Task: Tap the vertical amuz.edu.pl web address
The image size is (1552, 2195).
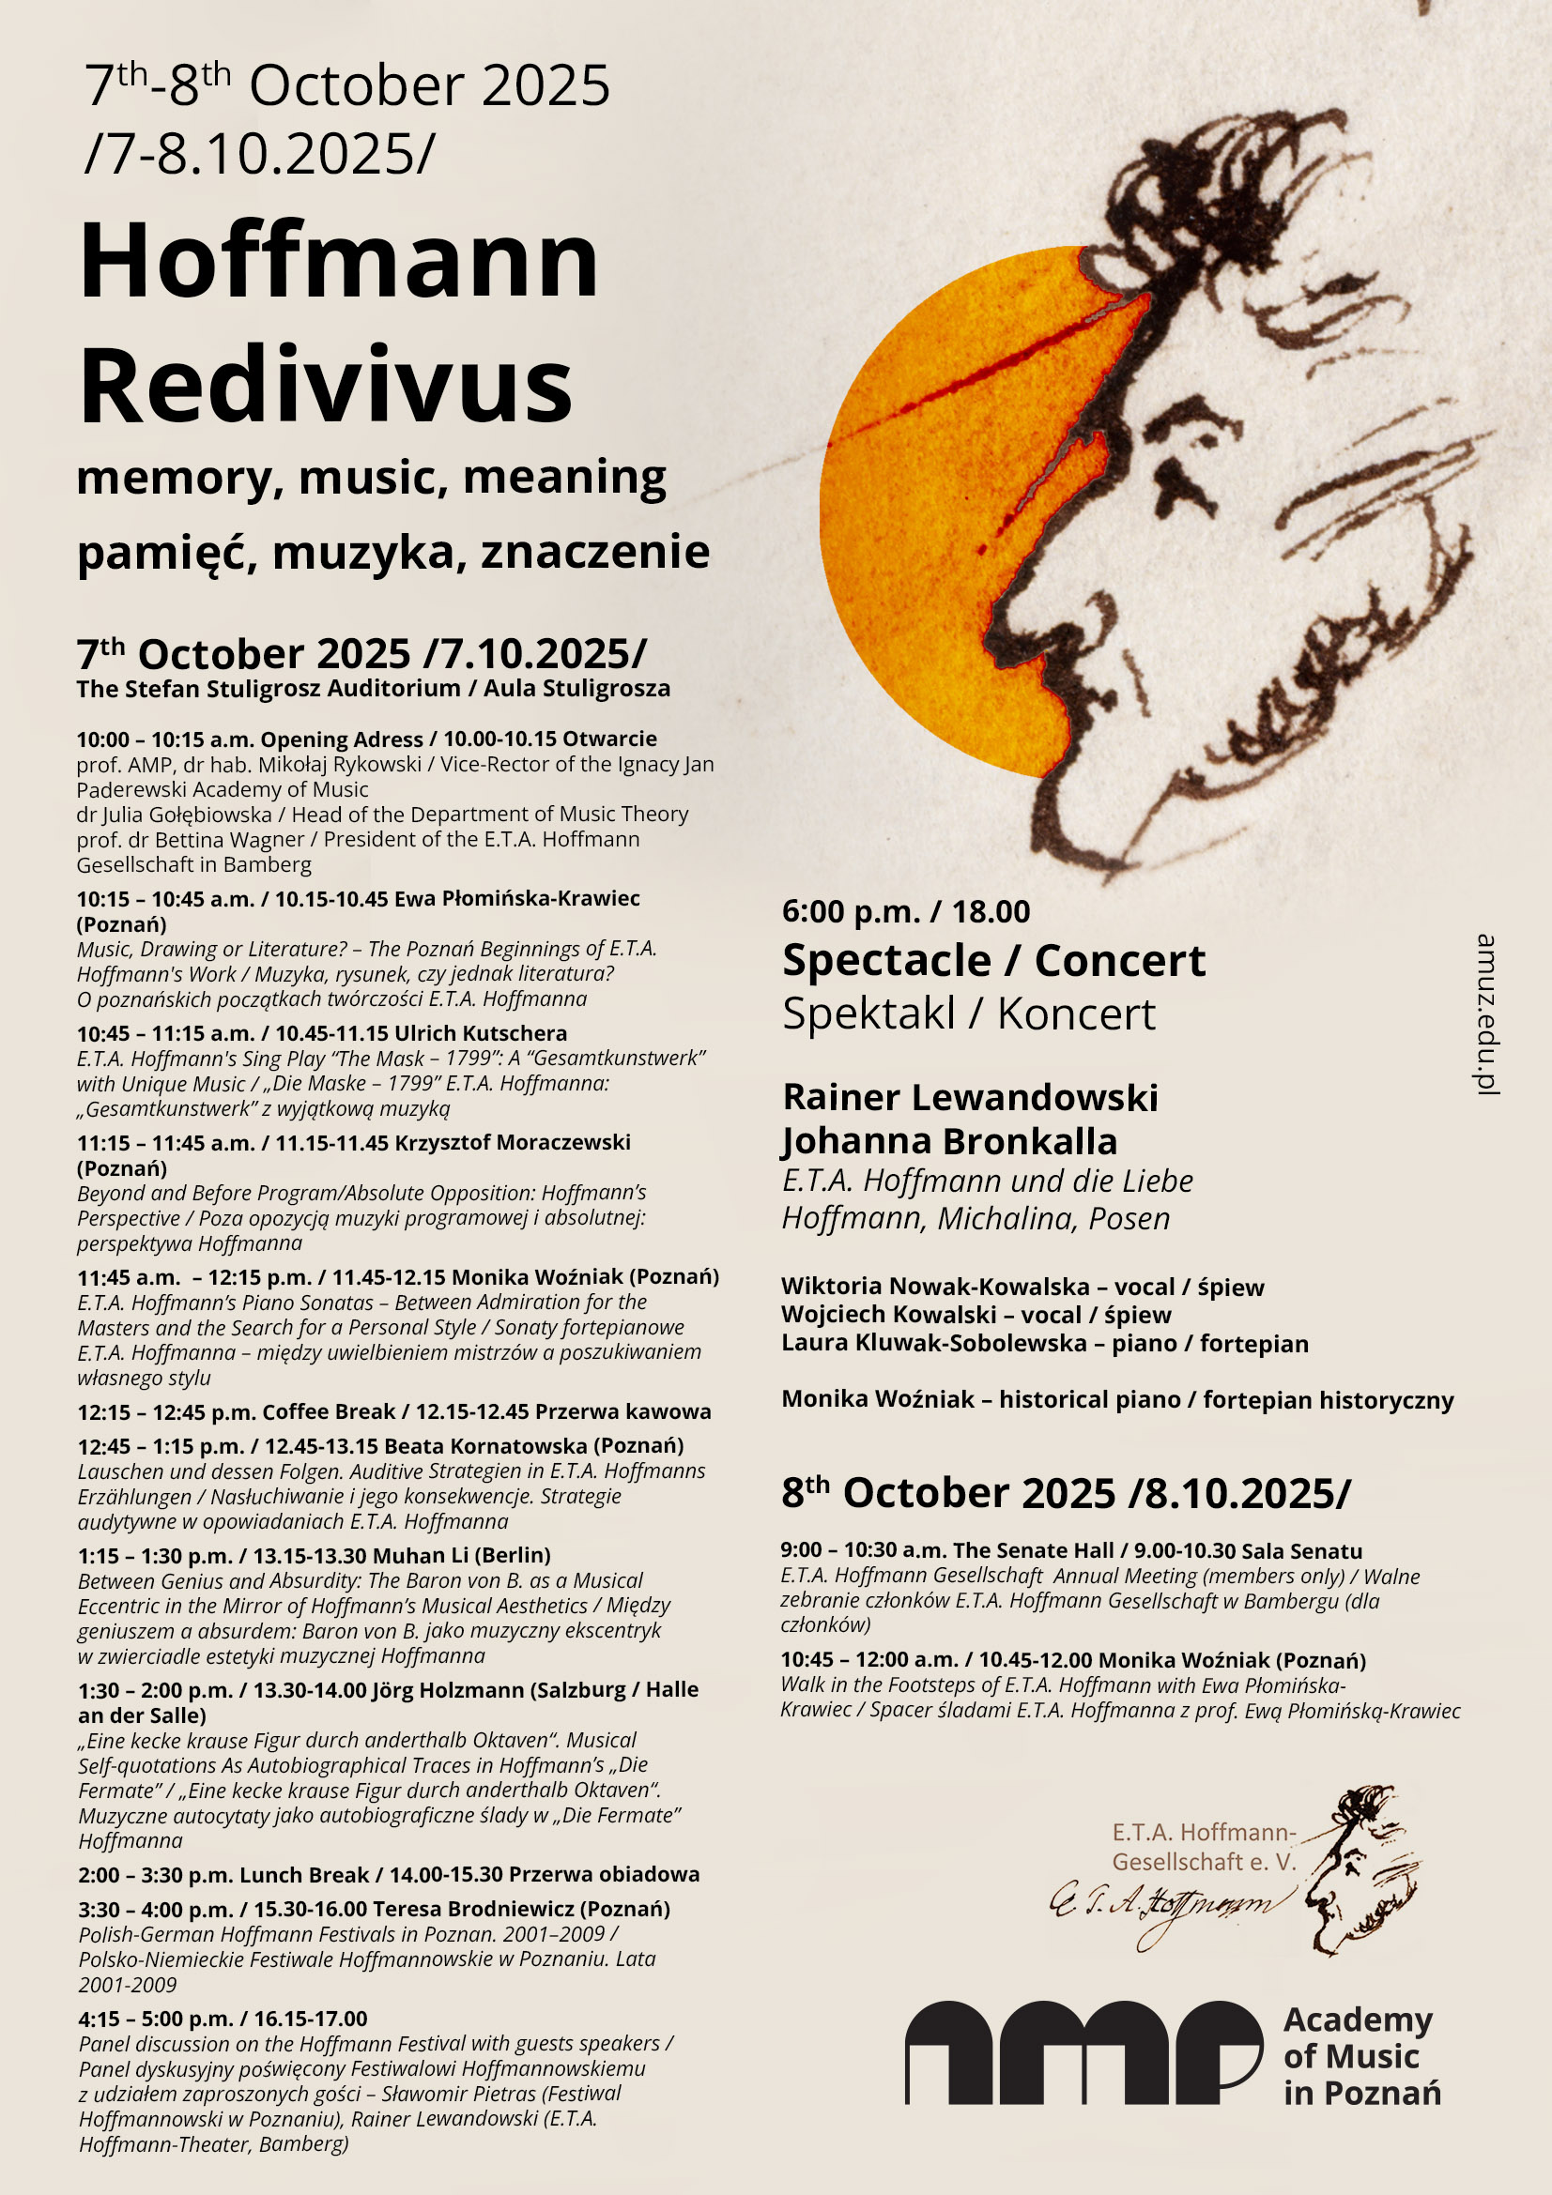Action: tap(1485, 1014)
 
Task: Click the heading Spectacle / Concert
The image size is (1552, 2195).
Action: tap(993, 961)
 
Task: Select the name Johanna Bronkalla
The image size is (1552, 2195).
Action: tap(949, 1141)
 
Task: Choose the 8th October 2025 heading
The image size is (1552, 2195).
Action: tap(1066, 1493)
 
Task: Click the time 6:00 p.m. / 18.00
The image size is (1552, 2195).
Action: tap(906, 912)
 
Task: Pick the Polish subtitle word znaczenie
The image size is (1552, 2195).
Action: tap(594, 552)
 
